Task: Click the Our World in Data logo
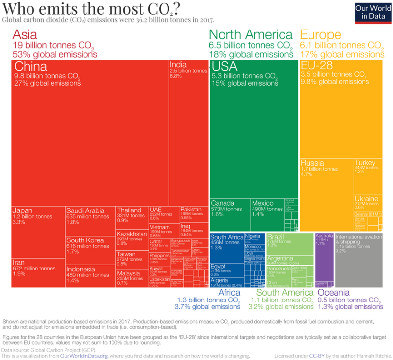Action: coord(369,12)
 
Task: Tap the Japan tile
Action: coord(38,232)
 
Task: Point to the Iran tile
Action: coord(38,272)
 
